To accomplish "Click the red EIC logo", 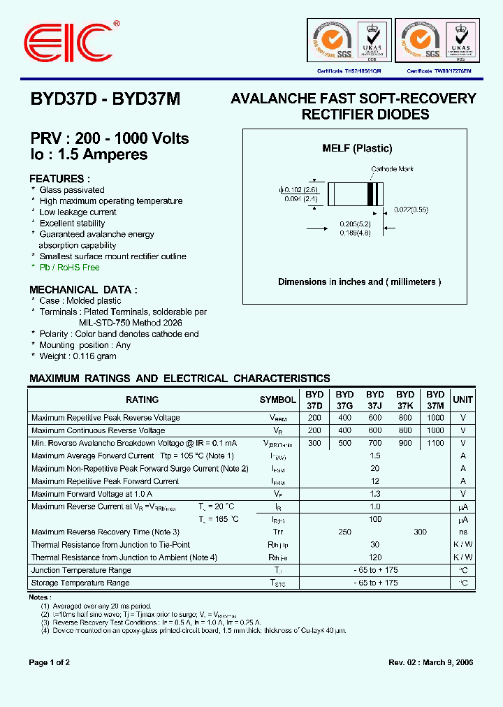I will tap(68, 43).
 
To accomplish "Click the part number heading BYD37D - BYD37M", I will tap(105, 100).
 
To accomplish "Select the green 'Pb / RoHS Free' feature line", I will tap(69, 268).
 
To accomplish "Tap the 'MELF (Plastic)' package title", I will tap(357, 148).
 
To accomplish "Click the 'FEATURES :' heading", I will tap(60, 178).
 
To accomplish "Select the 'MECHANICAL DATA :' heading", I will tap(83, 289).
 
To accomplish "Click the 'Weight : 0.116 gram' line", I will tap(78, 356).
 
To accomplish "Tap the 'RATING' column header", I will tap(142, 400).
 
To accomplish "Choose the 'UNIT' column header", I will tap(462, 400).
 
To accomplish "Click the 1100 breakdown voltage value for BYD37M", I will tap(435, 443).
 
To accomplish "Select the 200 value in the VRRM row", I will tap(314, 418).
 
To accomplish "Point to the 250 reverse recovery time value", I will tap(344, 532).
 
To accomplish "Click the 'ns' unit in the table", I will tap(462, 532).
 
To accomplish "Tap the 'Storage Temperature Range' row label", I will tap(80, 583).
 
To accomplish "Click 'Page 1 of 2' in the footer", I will tap(49, 662).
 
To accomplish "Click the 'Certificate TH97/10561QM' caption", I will tap(349, 71).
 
